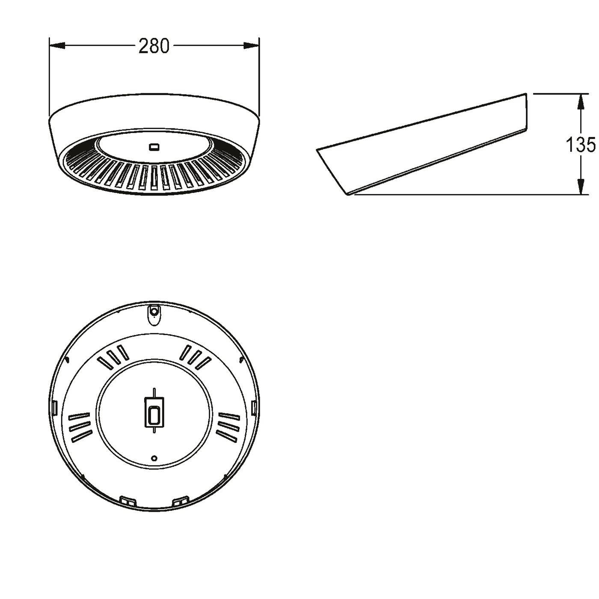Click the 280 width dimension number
(x=154, y=46)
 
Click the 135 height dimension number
(x=581, y=145)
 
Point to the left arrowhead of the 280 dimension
(x=57, y=46)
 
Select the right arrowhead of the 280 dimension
(x=251, y=46)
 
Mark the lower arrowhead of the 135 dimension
(x=580, y=187)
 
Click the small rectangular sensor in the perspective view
(x=154, y=147)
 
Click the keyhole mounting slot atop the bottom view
(x=154, y=314)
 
